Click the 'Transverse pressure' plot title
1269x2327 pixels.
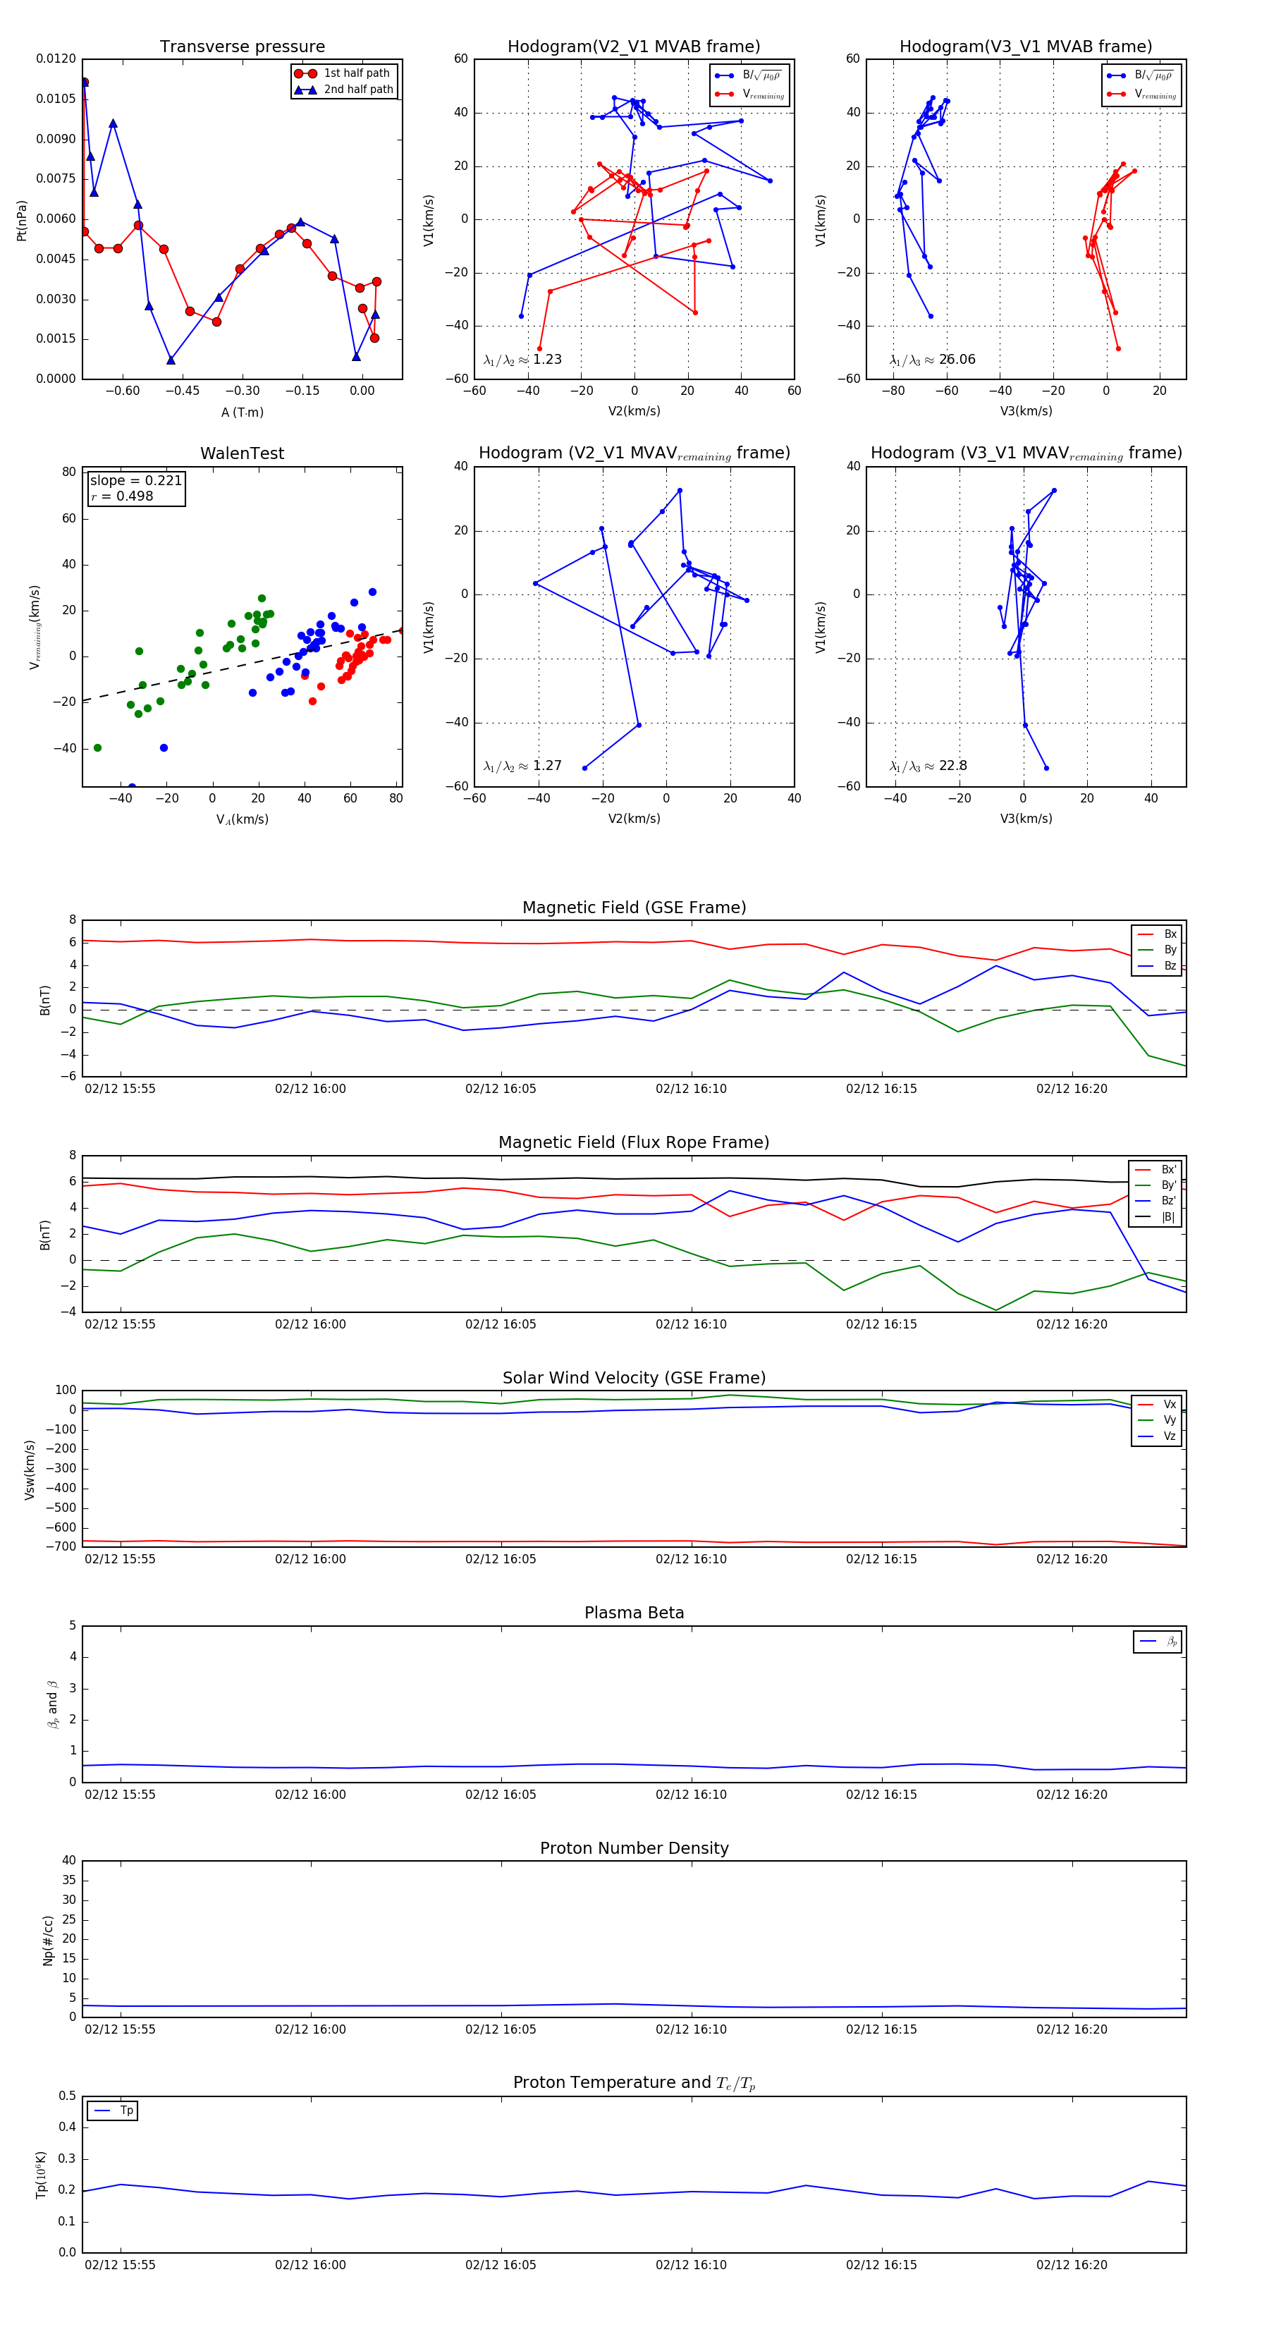[x=242, y=47]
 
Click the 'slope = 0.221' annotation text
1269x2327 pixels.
[x=135, y=481]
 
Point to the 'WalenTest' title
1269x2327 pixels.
[x=242, y=453]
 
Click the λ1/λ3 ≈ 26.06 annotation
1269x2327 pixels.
[x=932, y=360]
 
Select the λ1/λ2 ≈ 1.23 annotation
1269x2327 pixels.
[x=522, y=360]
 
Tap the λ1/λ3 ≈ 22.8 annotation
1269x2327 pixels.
[x=928, y=766]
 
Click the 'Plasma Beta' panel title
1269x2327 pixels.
[x=634, y=1613]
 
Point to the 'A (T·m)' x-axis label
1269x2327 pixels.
[x=242, y=412]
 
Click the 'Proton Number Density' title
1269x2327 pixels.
[x=634, y=1848]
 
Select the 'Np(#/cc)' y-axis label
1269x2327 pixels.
[x=48, y=1941]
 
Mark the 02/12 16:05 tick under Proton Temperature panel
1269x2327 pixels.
[x=501, y=2265]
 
